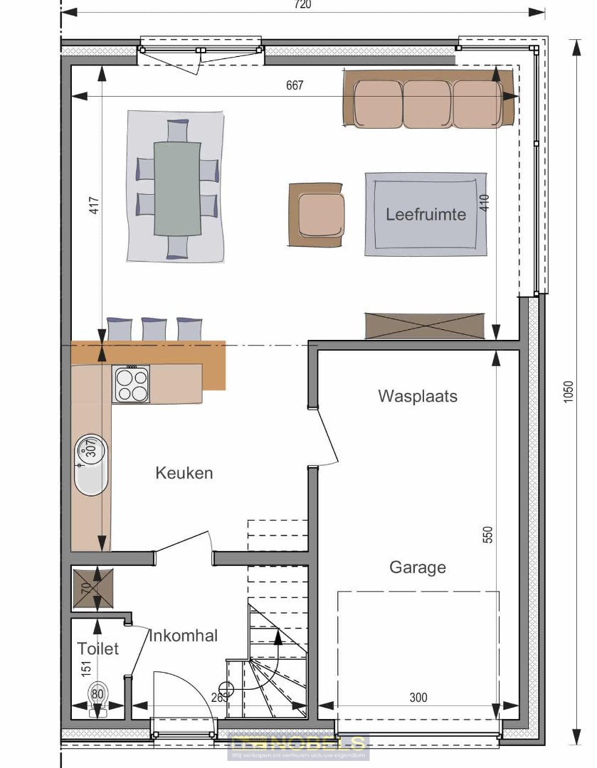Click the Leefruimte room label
pos(426,214)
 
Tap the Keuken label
pos(184,473)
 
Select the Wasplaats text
pos(418,396)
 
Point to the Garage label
pos(418,567)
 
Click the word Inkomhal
pos(184,636)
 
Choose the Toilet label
pos(98,649)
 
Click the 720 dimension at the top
pos(302,5)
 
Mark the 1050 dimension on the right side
pos(568,393)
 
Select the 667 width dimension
pos(295,85)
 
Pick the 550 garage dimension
pos(487,535)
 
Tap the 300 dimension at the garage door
pos(418,698)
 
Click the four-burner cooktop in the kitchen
pos(131,384)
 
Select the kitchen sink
pos(91,464)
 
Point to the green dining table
pos(178,188)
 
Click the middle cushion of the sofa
pos(427,104)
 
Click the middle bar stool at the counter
pos(154,329)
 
